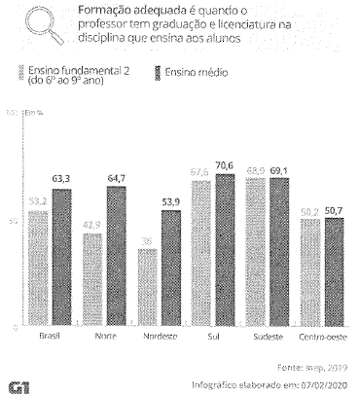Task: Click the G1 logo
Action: click(x=18, y=386)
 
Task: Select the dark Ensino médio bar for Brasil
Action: click(x=60, y=259)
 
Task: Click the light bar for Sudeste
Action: click(x=256, y=254)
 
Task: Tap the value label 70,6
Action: click(x=227, y=165)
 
